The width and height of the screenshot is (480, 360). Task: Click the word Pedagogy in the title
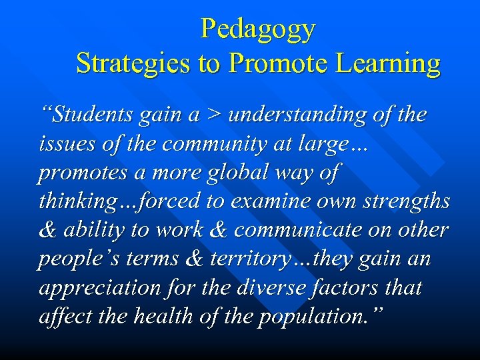tap(257, 29)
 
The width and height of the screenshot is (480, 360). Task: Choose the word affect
tap(64, 316)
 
